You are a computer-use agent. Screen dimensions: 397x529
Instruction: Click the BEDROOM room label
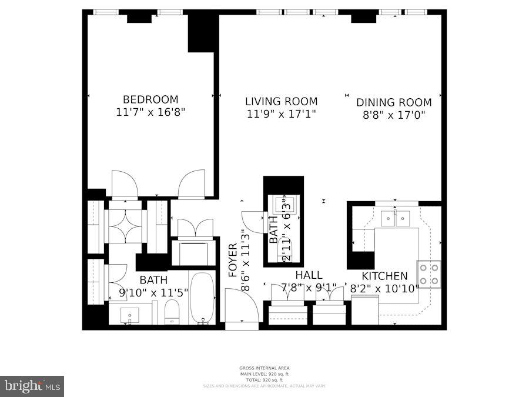click(150, 99)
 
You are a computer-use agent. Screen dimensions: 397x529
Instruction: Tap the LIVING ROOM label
click(281, 101)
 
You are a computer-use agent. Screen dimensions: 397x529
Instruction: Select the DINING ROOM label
click(394, 102)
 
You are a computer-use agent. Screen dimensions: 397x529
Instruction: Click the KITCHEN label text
click(384, 276)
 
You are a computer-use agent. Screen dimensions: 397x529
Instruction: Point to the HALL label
click(309, 275)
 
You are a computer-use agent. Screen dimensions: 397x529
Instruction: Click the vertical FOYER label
click(232, 260)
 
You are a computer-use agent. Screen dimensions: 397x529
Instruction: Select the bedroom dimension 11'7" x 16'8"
click(150, 112)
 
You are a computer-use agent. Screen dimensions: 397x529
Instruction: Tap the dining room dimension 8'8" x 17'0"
click(394, 115)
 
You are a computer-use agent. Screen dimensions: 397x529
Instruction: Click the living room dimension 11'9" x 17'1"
click(281, 114)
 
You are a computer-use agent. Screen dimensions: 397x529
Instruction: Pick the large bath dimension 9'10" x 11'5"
click(153, 291)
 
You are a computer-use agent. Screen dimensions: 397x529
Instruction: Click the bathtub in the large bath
click(203, 297)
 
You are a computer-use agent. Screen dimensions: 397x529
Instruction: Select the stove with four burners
click(428, 274)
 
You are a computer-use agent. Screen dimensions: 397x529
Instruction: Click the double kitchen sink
click(396, 219)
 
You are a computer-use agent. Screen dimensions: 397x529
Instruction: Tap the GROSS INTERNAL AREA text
click(264, 368)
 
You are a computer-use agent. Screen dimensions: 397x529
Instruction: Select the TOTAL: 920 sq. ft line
click(264, 380)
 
